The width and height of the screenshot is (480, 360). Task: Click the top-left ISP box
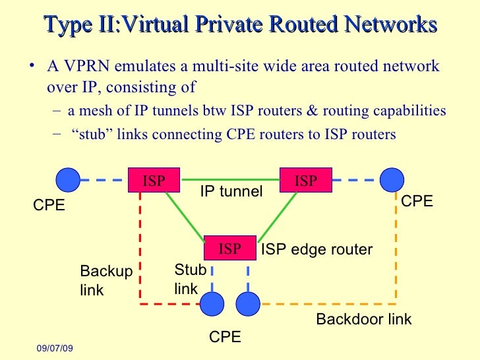(x=154, y=181)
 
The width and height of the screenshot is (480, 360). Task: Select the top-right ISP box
(x=306, y=181)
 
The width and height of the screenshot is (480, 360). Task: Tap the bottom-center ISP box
(x=230, y=248)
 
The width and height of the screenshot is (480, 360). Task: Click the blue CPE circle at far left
(x=67, y=179)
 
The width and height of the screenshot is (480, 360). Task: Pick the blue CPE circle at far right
(x=392, y=179)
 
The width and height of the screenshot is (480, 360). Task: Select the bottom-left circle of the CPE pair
(x=213, y=304)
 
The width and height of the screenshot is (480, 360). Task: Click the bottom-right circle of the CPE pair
(x=248, y=304)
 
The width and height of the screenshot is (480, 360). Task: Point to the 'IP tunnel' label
(x=231, y=192)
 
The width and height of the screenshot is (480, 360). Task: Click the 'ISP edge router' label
(x=317, y=250)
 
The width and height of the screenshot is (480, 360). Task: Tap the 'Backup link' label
(x=105, y=281)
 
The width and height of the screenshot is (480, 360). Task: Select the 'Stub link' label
(x=190, y=279)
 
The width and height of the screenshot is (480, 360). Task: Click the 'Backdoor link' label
(x=363, y=320)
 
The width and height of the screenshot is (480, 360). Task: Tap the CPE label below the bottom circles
(x=225, y=337)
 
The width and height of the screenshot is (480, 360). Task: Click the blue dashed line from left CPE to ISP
(x=104, y=179)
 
